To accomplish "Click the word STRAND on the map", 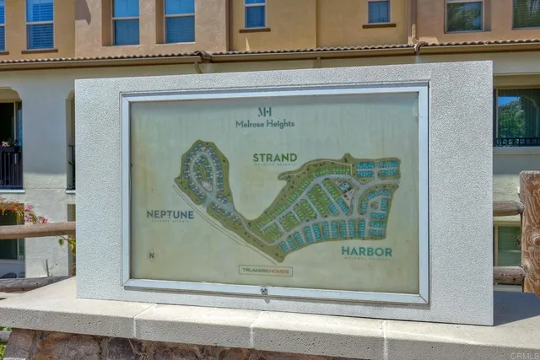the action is pyautogui.click(x=275, y=158).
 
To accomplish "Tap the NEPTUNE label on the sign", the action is pyautogui.click(x=170, y=214).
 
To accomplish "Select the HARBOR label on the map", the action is pyautogui.click(x=366, y=251).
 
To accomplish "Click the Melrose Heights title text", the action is pyautogui.click(x=265, y=123).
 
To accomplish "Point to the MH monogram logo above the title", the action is pyautogui.click(x=264, y=110).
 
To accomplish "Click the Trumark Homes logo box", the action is pyautogui.click(x=265, y=271).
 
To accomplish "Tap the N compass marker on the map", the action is pyautogui.click(x=151, y=255).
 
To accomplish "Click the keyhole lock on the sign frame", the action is pyautogui.click(x=263, y=291).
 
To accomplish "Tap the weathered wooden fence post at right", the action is pyautogui.click(x=530, y=228).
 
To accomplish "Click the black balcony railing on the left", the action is pyautogui.click(x=10, y=166).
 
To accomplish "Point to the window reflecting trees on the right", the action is pyautogui.click(x=516, y=116).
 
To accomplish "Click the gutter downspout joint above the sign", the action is pyautogui.click(x=202, y=58).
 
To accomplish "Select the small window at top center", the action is pyautogui.click(x=255, y=13).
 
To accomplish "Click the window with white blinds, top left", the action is pyautogui.click(x=40, y=23).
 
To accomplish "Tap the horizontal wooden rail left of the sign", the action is pyautogui.click(x=37, y=229).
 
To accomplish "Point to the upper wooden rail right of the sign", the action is pyautogui.click(x=507, y=207).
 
